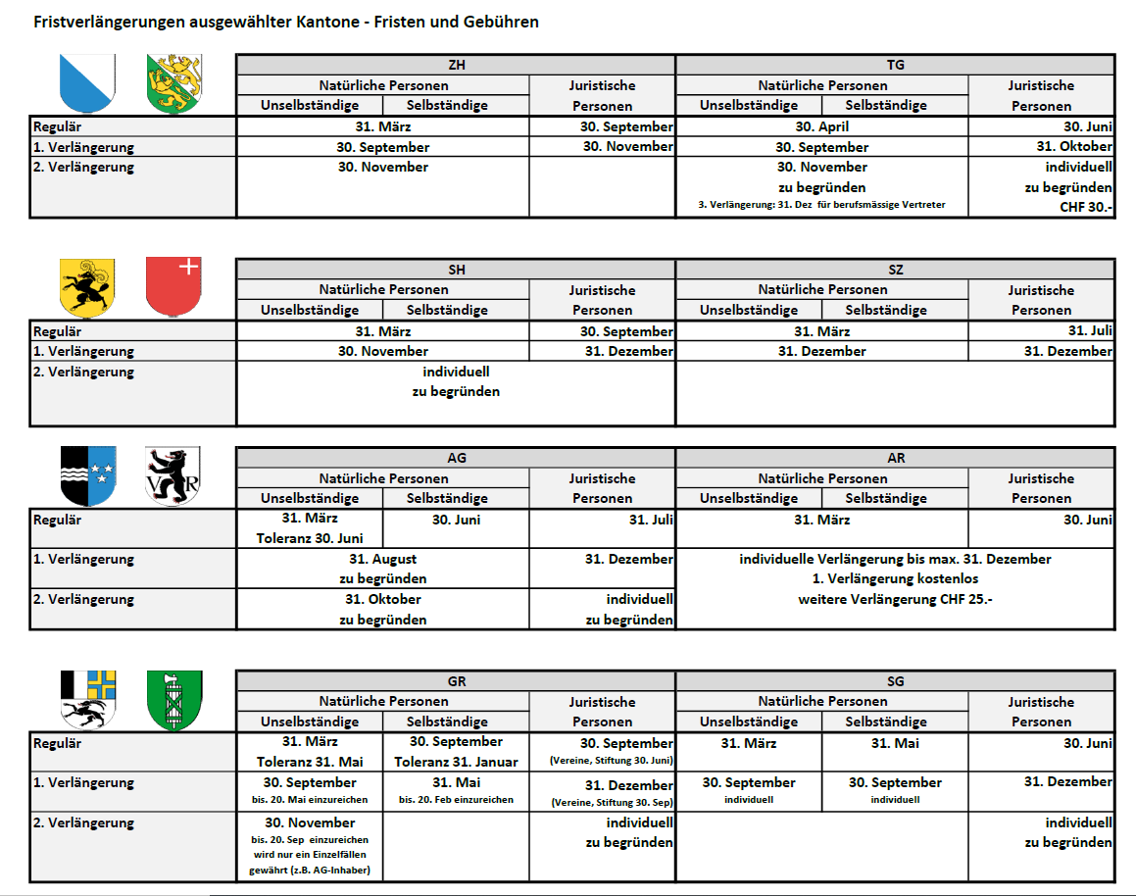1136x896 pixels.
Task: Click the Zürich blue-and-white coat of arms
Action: click(87, 83)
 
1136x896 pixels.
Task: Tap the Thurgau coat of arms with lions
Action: click(173, 83)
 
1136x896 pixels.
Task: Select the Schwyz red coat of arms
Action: click(173, 287)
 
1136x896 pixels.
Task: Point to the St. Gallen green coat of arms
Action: click(173, 700)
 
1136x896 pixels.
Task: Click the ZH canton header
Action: click(456, 65)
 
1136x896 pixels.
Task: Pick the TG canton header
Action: click(895, 65)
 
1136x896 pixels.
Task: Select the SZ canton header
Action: click(895, 270)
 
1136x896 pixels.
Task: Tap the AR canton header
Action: click(895, 458)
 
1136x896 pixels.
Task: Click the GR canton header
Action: click(456, 681)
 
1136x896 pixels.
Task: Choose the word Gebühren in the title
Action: click(498, 22)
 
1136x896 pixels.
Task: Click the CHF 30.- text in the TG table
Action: click(1085, 207)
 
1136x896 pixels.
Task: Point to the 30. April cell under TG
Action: click(821, 126)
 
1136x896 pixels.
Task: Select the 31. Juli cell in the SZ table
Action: click(1090, 330)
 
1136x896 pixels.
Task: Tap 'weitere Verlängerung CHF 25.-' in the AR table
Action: click(895, 599)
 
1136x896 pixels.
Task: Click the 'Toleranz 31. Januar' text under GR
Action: click(456, 761)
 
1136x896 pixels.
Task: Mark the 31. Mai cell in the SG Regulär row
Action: click(894, 743)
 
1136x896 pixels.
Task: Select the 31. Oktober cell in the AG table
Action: click(382, 599)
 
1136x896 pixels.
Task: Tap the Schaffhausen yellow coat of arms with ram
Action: click(87, 287)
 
